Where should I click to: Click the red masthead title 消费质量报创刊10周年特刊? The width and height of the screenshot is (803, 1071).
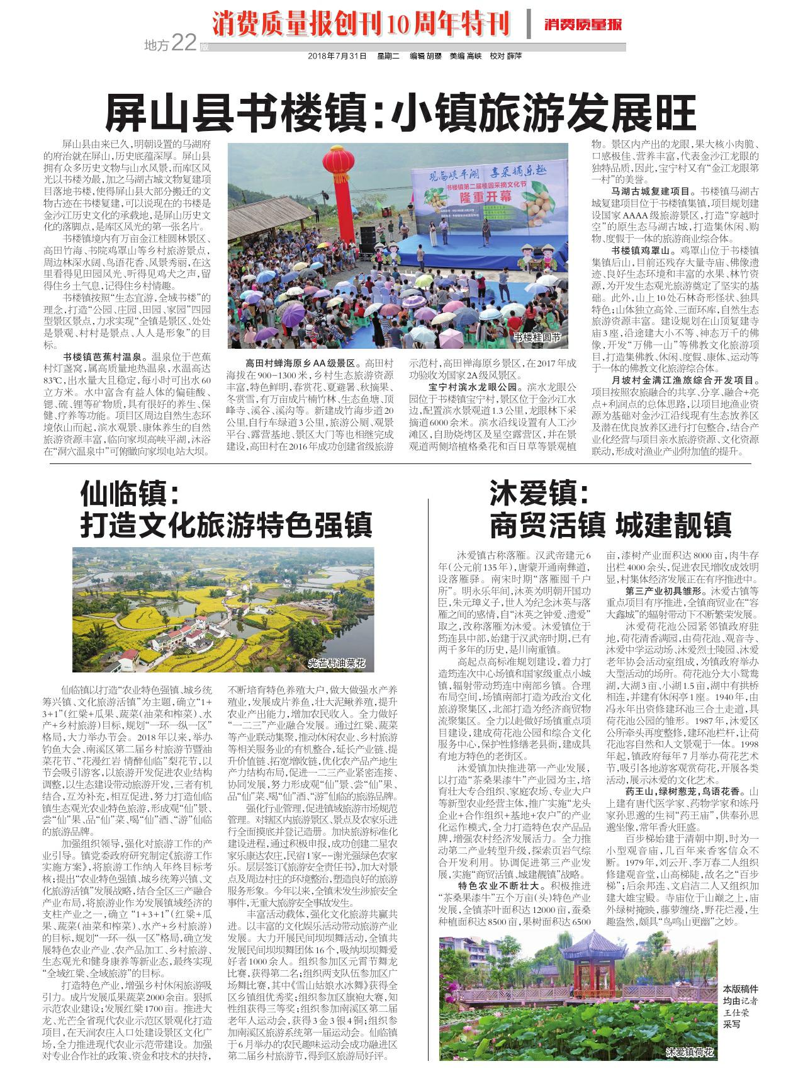[x=361, y=24]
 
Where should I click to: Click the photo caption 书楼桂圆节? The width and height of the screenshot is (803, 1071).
[x=536, y=337]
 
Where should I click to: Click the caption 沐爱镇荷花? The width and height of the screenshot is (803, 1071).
[x=690, y=1053]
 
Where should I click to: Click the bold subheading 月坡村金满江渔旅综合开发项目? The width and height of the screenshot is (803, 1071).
[x=685, y=380]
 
